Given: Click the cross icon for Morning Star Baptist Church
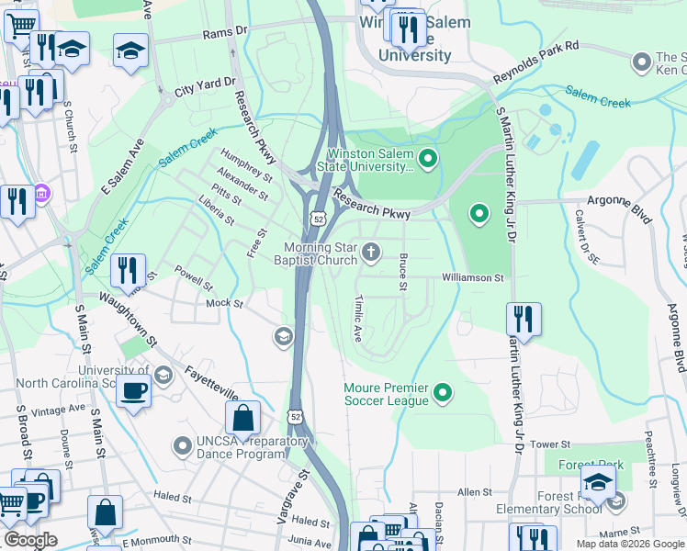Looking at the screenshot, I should (x=371, y=252).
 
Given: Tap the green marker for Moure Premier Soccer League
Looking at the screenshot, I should (x=443, y=394).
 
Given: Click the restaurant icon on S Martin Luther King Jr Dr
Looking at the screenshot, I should (x=524, y=319).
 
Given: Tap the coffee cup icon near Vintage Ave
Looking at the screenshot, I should (x=133, y=390).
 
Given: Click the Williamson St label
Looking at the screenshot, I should (x=473, y=276).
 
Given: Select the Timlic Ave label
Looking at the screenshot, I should (x=358, y=319).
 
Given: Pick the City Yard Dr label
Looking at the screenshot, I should (x=205, y=84).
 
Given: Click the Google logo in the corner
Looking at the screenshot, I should (x=30, y=540).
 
